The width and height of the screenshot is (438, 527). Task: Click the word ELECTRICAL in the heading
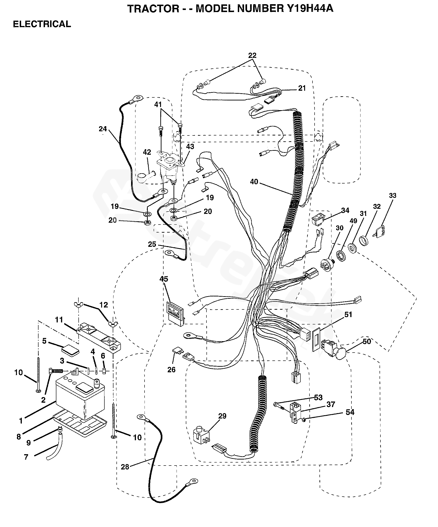click(x=42, y=24)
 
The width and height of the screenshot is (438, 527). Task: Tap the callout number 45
click(x=164, y=279)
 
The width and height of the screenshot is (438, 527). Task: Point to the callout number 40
click(x=254, y=181)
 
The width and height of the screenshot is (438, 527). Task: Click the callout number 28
click(x=125, y=467)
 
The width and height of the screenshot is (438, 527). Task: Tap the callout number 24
click(x=103, y=129)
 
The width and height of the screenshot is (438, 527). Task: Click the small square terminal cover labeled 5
click(x=71, y=350)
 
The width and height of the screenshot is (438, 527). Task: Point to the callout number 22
click(x=252, y=55)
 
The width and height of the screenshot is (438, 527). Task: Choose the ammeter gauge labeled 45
click(x=175, y=314)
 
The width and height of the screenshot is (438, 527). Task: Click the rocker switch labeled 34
click(x=318, y=219)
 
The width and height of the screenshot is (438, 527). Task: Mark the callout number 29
click(x=222, y=416)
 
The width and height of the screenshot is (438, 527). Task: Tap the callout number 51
click(x=348, y=315)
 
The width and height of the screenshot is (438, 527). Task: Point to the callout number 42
click(x=147, y=152)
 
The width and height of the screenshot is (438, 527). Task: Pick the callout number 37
click(x=331, y=404)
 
